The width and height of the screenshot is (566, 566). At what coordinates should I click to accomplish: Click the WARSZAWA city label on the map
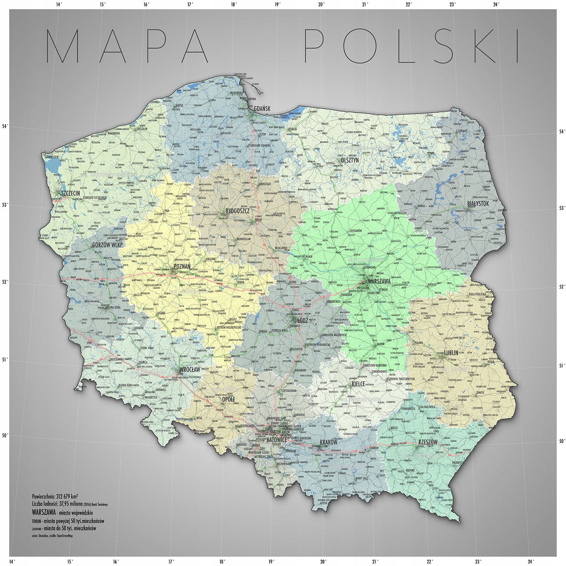coord(379,282)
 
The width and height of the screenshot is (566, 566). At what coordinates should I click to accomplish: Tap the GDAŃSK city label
coord(262,108)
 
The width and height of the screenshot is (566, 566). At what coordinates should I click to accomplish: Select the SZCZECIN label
coord(70,193)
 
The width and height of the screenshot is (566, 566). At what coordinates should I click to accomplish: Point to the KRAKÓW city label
coord(329,442)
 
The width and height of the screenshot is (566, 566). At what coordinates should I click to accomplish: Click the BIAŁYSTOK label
coord(478,204)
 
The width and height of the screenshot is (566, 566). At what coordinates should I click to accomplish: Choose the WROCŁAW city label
coord(190,370)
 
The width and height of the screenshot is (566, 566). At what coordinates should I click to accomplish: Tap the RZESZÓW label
coord(428,442)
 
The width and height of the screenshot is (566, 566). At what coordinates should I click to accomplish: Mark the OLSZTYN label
coord(350,160)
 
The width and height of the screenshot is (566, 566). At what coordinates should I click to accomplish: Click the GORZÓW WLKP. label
coord(108,245)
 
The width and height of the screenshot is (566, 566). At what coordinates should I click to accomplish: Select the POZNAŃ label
coord(182,266)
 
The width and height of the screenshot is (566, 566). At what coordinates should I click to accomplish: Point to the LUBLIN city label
coord(451,353)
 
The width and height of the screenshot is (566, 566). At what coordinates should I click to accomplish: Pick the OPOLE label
coord(228,399)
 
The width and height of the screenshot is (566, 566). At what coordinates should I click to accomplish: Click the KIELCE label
coord(358,384)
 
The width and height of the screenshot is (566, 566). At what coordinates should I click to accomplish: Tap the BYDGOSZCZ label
coord(238,211)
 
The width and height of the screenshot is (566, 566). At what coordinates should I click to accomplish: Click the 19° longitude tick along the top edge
coord(277,5)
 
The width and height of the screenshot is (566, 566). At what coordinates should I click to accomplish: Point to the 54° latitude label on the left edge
coord(5,126)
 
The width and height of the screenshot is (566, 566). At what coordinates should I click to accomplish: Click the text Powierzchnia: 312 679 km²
coord(55,496)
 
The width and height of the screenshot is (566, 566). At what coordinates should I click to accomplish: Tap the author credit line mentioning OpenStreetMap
coord(52,536)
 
